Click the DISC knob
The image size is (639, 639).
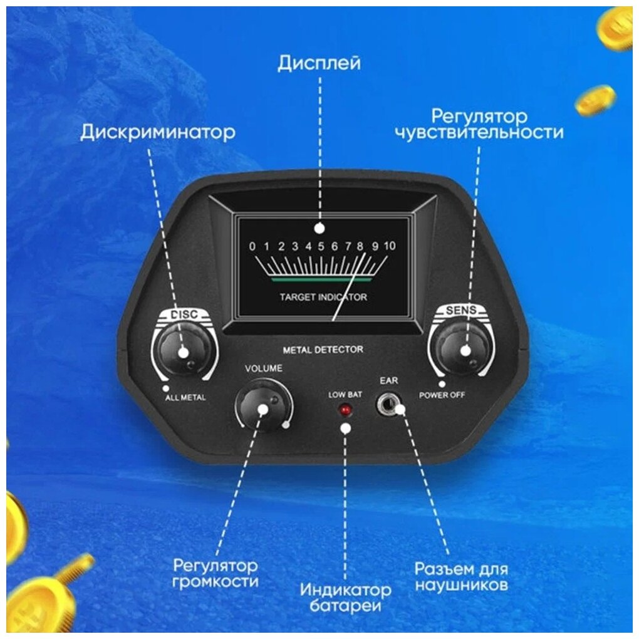pyautogui.click(x=179, y=350)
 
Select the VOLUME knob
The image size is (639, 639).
pyautogui.click(x=262, y=407)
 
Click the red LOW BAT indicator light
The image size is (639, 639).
pyautogui.click(x=344, y=410)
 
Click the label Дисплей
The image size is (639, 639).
pyautogui.click(x=319, y=64)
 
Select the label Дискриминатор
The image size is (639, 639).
pyautogui.click(x=158, y=132)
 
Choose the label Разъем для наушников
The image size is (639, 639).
pyautogui.click(x=461, y=577)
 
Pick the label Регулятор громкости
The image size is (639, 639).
pyautogui.click(x=215, y=573)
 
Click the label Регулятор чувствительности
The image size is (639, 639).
pyautogui.click(x=479, y=124)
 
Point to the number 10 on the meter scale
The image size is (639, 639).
pyautogui.click(x=390, y=246)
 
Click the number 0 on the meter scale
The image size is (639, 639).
pyautogui.click(x=252, y=246)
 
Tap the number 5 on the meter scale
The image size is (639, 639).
pyautogui.click(x=320, y=246)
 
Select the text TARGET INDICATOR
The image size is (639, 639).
pyautogui.click(x=323, y=296)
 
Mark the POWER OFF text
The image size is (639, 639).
pyautogui.click(x=442, y=395)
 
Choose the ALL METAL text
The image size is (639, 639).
pyautogui.click(x=185, y=397)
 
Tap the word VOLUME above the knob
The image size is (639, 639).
pyautogui.click(x=264, y=368)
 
